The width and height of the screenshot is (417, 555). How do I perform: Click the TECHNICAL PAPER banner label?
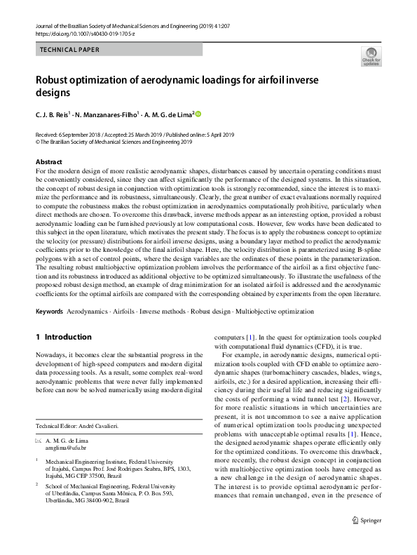69,50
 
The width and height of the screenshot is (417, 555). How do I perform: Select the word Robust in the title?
55,79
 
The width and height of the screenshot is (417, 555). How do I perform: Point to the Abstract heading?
49,161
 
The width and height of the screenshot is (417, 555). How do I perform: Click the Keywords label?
49,310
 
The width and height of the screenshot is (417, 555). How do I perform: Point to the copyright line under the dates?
113,141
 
